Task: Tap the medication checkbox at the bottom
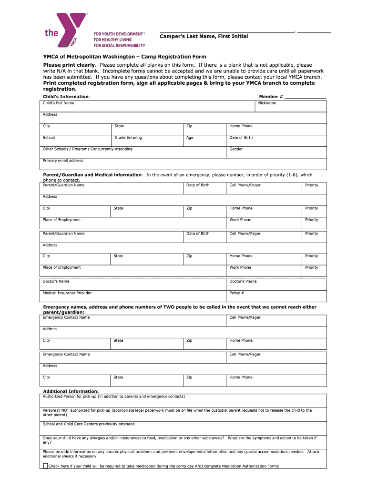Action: [x=45, y=466]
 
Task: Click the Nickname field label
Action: [x=267, y=103]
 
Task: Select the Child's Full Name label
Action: [x=58, y=103]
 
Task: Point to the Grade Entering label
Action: [x=128, y=138]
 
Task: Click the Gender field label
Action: [x=236, y=149]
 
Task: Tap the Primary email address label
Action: [x=63, y=161]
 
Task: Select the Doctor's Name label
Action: [x=56, y=281]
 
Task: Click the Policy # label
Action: [x=237, y=293]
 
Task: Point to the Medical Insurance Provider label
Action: [x=67, y=293]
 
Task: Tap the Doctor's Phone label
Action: [x=243, y=281]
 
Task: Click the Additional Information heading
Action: [x=71, y=391]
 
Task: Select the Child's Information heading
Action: [x=66, y=97]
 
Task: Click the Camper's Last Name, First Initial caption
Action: [x=204, y=37]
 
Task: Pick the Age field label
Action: [x=190, y=138]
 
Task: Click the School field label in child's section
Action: [x=49, y=138]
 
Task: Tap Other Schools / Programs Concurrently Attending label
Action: [x=88, y=149]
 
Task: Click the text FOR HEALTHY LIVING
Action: [x=115, y=40]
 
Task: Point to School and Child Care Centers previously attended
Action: [x=89, y=424]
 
